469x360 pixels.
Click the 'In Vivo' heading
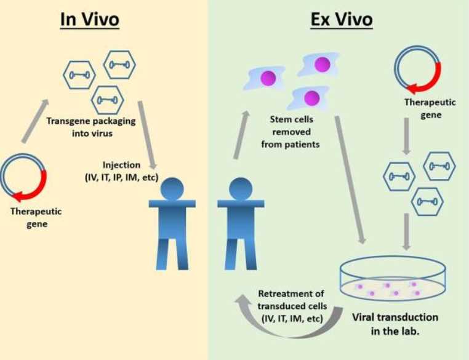[x=89, y=19]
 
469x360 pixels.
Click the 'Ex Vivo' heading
[x=341, y=19]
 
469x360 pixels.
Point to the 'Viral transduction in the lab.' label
[x=395, y=324]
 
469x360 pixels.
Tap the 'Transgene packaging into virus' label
[x=91, y=127]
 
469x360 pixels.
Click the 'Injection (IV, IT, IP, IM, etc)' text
[x=121, y=172]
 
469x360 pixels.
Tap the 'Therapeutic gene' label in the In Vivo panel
[x=36, y=217]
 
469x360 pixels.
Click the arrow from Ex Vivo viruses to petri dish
[x=406, y=230]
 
